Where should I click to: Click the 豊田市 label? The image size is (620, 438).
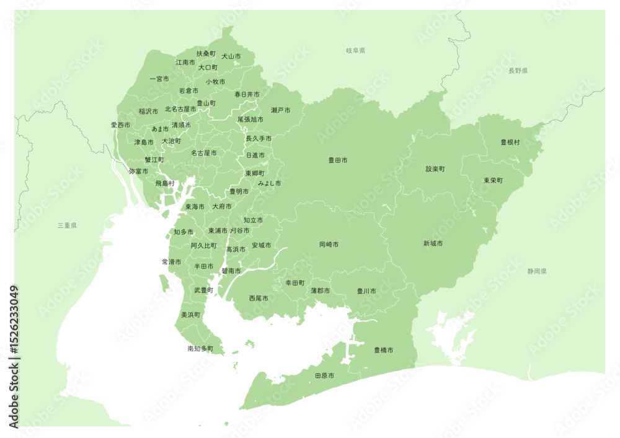coord(337,160)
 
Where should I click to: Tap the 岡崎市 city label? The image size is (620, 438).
coord(329,245)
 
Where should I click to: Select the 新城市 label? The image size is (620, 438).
coord(433,243)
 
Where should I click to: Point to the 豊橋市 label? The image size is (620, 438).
coord(383,350)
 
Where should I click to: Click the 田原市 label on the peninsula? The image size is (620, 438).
coord(324,376)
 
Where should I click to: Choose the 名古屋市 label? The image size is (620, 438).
coord(203,152)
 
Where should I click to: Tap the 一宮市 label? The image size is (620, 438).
coord(159,79)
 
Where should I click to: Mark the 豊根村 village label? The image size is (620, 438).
coord(510,142)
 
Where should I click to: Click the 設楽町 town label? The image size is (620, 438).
coord(435,169)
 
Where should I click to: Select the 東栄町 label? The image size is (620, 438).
coord(493,180)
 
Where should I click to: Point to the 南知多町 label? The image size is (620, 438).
coord(200,349)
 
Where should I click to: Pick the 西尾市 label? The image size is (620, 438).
coord(259,298)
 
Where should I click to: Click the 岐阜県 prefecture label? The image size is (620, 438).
coord(356,50)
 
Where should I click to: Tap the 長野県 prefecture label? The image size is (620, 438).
coord(518,71)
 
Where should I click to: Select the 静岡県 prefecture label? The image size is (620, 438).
coord(537,271)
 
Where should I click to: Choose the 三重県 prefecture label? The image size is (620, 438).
coord(66,226)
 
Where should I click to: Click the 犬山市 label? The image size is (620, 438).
coord(231,56)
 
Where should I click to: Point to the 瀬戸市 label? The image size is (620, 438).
coord(280,110)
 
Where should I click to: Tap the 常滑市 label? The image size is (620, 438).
coord(171,262)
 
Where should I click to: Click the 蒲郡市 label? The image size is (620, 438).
coord(321,291)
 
